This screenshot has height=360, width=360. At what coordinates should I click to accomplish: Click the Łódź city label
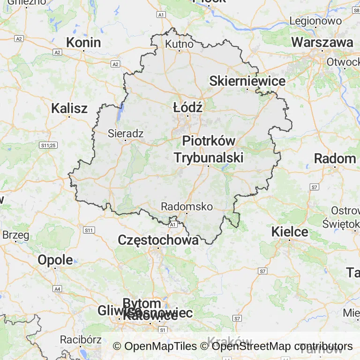pyautogui.click(x=187, y=107)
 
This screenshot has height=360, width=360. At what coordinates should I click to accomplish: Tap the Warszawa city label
pyautogui.click(x=322, y=42)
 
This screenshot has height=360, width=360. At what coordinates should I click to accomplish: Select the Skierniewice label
pyautogui.click(x=247, y=81)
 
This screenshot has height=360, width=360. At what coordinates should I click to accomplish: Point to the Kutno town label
pyautogui.click(x=179, y=44)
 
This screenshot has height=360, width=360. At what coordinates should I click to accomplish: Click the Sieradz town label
pyautogui.click(x=125, y=133)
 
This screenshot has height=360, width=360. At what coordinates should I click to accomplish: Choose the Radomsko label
pyautogui.click(x=187, y=206)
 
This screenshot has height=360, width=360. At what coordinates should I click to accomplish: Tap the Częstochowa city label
pyautogui.click(x=158, y=240)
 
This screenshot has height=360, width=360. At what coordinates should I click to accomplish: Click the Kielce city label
pyautogui.click(x=290, y=231)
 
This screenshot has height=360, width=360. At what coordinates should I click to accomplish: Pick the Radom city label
pyautogui.click(x=335, y=158)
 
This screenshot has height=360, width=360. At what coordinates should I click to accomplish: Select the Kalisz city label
pyautogui.click(x=69, y=108)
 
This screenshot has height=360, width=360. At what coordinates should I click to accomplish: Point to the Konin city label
pyautogui.click(x=83, y=42)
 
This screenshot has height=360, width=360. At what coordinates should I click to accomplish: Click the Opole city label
pyautogui.click(x=55, y=260)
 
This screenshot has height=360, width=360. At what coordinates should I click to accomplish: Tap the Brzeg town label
pyautogui.click(x=15, y=235)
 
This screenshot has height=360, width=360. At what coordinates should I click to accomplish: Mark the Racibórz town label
pyautogui.click(x=81, y=338)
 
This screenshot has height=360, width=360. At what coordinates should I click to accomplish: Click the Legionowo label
pyautogui.click(x=315, y=21)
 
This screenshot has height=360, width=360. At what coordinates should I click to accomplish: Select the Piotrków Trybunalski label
pyautogui.click(x=209, y=149)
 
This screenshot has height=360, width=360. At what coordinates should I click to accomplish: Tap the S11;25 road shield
pyautogui.click(x=48, y=145)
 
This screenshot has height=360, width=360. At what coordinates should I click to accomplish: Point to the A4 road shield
pyautogui.click(x=57, y=289)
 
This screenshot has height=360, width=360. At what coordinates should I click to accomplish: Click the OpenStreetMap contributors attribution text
pyautogui.click(x=282, y=346)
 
